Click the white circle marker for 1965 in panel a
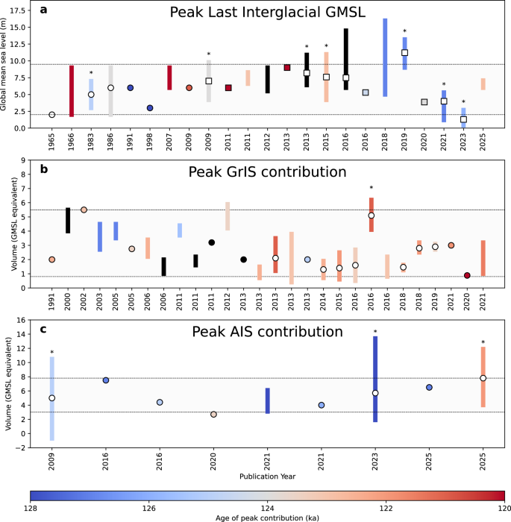point(51,115)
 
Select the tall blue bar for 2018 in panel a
point(385,57)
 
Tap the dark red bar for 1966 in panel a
point(72,91)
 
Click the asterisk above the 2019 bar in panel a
point(404,32)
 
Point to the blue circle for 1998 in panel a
point(150,108)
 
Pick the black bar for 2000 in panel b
point(68,220)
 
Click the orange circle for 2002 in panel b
point(84,210)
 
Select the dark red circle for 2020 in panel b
point(467,275)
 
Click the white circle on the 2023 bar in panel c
point(375,393)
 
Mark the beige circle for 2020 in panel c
point(213,414)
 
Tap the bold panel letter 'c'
point(44,329)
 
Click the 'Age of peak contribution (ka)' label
point(267,518)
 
